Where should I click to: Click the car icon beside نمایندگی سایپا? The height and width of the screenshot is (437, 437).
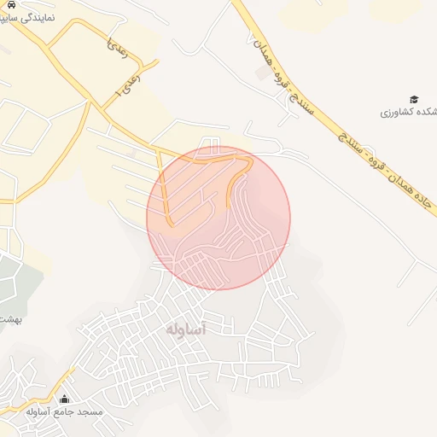point(11,4)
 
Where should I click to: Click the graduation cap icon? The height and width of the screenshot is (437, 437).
point(414,100)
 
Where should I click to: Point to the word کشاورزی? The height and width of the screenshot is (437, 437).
point(394,114)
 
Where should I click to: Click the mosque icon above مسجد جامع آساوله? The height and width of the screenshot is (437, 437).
point(65,399)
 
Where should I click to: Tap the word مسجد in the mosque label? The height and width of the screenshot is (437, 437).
point(88,412)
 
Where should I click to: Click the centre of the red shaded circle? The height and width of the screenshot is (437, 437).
point(218,218)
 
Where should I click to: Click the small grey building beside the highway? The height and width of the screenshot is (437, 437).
point(259,73)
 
